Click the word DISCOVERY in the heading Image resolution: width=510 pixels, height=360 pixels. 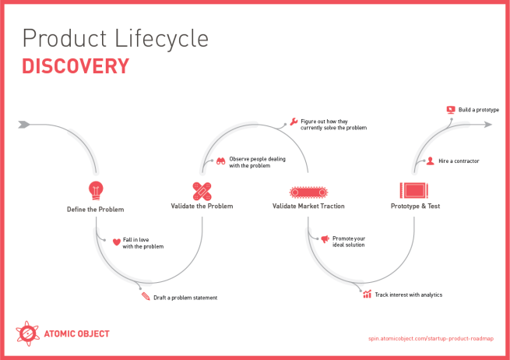(75, 66)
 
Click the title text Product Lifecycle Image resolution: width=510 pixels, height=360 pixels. (115, 38)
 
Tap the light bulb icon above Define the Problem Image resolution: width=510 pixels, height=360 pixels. (95, 189)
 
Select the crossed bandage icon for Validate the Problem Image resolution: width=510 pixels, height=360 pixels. (202, 190)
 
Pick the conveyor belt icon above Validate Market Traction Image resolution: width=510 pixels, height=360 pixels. (308, 191)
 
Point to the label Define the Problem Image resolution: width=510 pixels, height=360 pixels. (95, 209)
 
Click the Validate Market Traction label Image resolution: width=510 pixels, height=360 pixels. (308, 206)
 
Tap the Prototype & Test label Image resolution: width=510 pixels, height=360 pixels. (415, 206)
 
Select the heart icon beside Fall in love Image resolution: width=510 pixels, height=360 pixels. (116, 242)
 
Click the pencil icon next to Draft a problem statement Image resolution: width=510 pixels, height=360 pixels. (145, 297)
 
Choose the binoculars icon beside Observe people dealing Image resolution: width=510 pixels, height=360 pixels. (220, 161)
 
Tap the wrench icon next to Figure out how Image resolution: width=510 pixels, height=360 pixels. (293, 122)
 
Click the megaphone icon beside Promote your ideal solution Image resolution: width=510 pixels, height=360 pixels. (325, 239)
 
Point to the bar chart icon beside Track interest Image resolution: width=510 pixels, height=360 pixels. (367, 294)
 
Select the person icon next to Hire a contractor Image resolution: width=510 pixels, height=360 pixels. (430, 161)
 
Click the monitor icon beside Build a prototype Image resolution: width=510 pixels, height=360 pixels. (450, 110)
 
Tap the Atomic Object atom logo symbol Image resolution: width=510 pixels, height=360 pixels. (27, 334)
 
